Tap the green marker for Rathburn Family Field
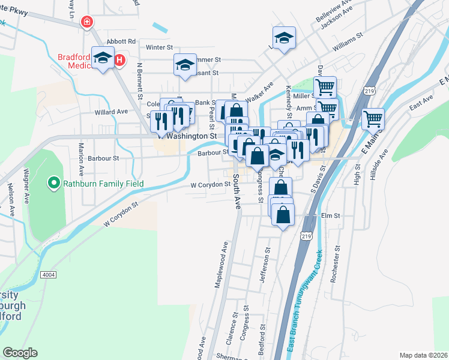click(54, 182)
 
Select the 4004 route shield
click(49, 274)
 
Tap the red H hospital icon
click(119, 60)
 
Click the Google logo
click(20, 353)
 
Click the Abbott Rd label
click(122, 41)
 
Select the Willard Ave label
click(111, 112)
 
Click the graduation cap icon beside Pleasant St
click(185, 64)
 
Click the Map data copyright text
click(423, 355)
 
